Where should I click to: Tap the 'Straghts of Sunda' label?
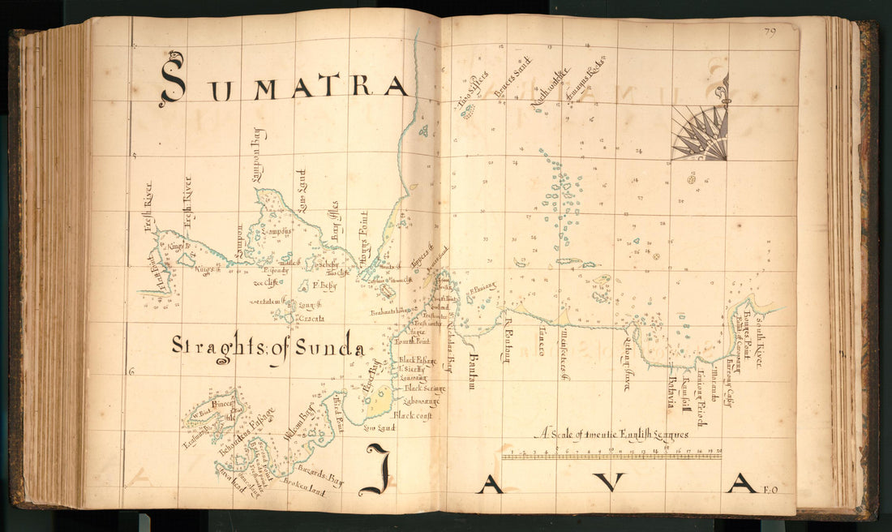pyautogui.click(x=268, y=346)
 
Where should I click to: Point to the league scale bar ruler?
pyautogui.click(x=611, y=456)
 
